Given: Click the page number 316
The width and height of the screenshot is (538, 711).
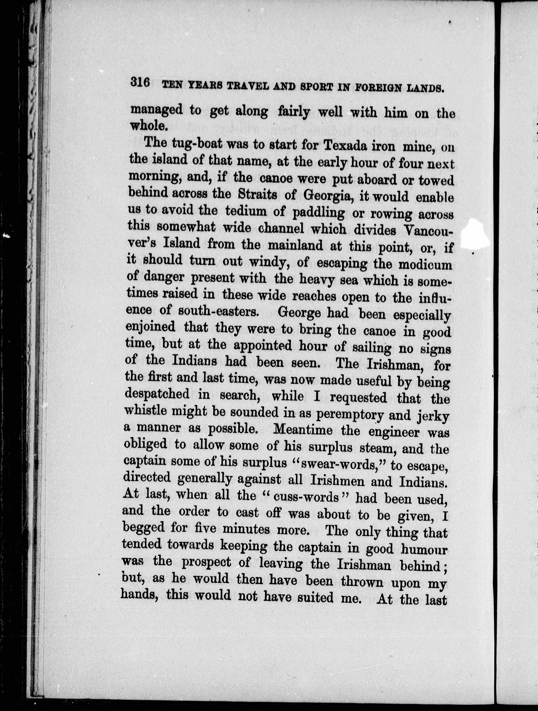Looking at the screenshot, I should coord(140,83).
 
